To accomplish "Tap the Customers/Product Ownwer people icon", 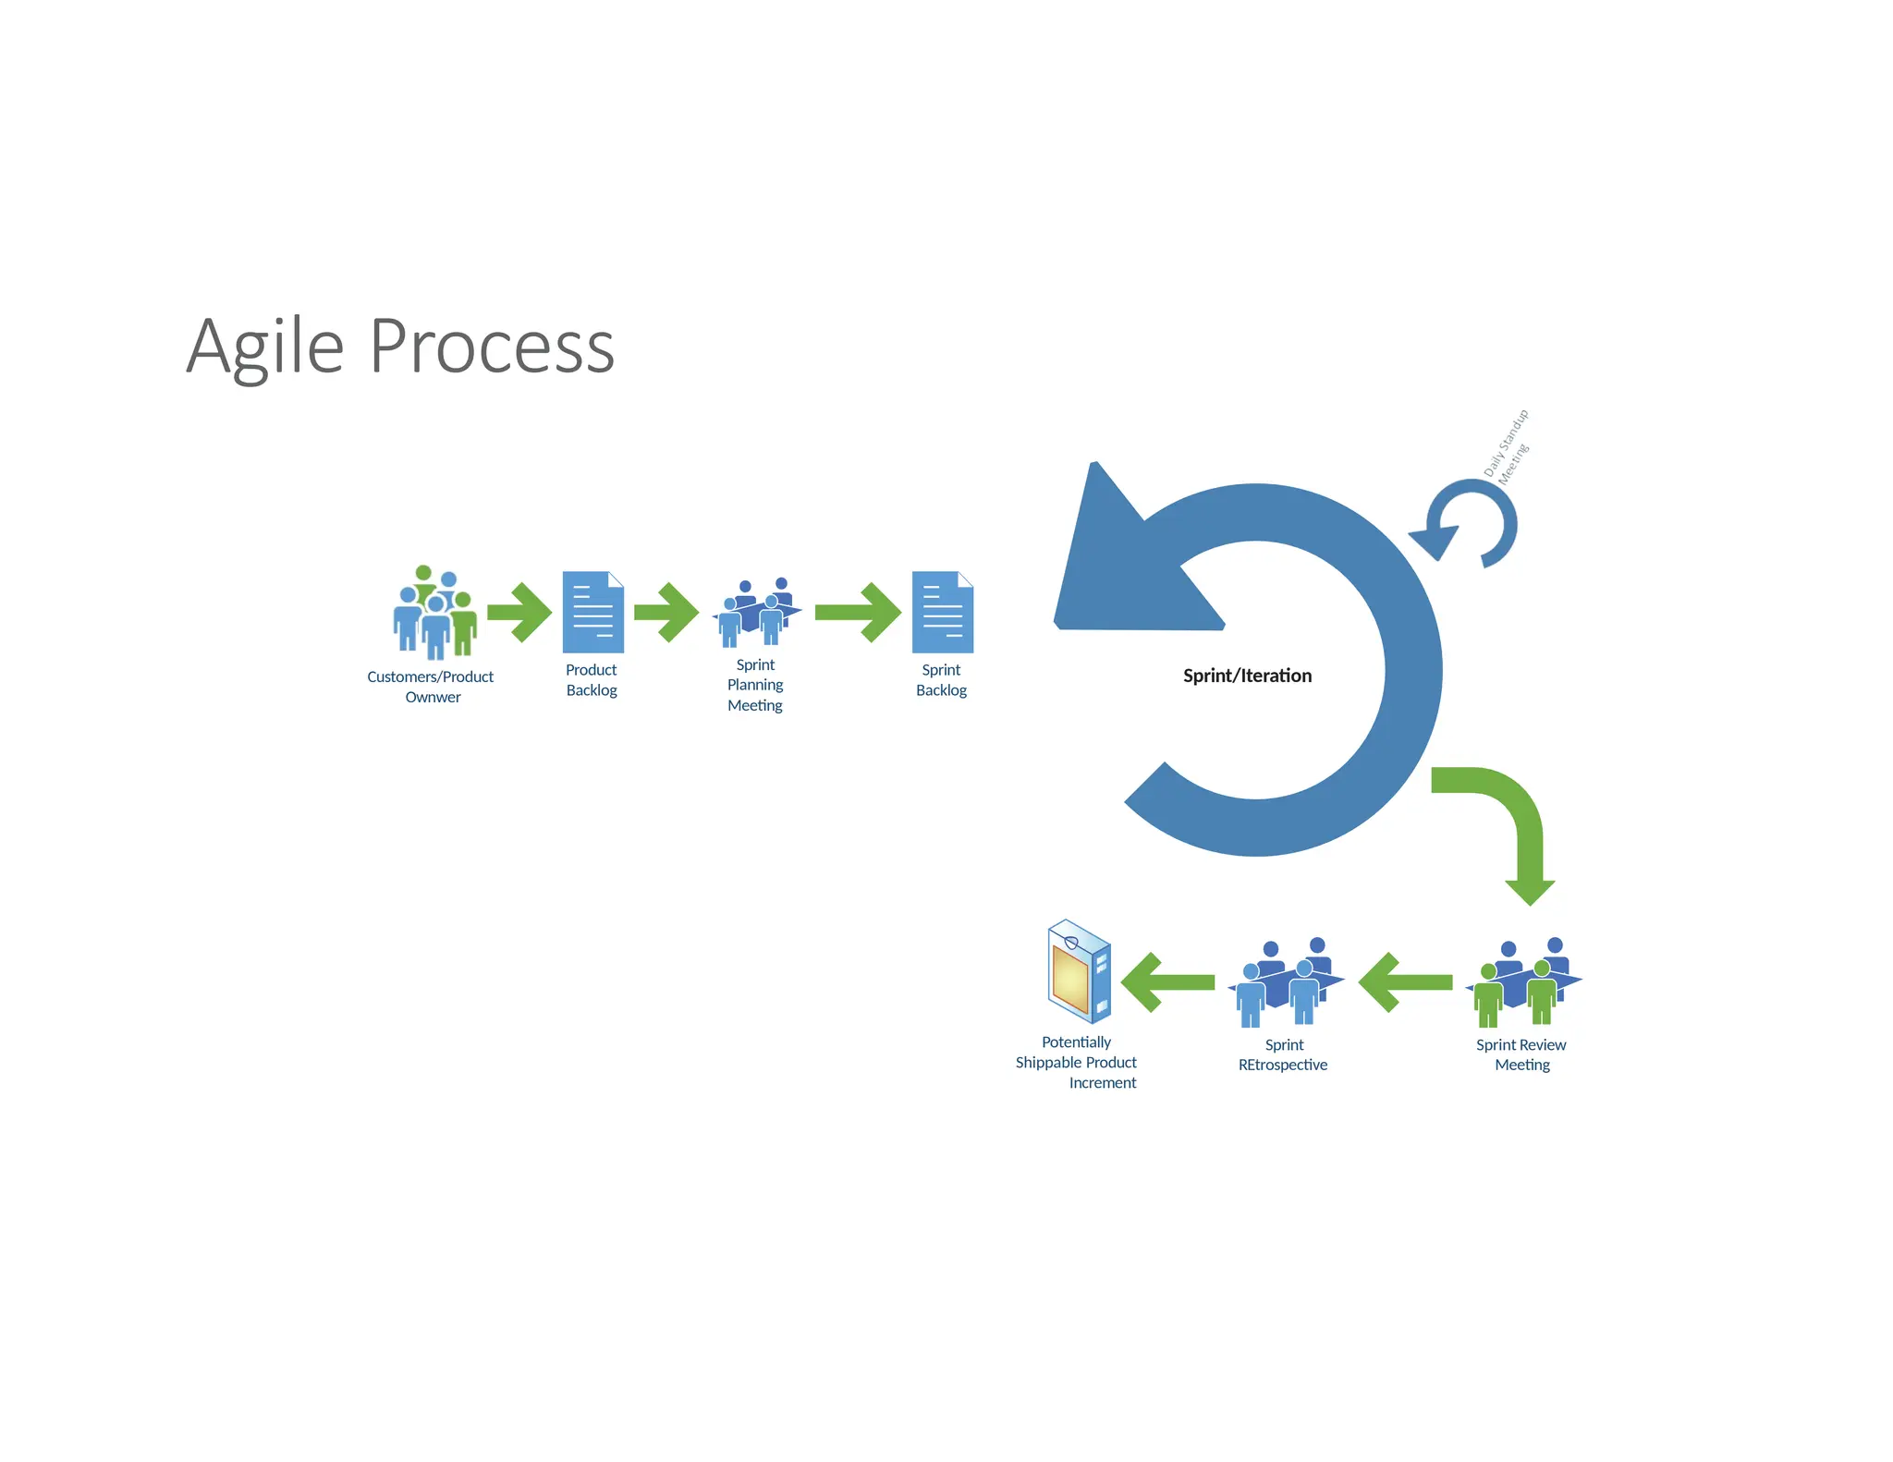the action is (x=434, y=612).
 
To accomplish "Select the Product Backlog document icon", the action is (x=592, y=612).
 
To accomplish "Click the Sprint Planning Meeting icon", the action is (x=756, y=613).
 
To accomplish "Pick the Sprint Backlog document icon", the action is (x=942, y=612).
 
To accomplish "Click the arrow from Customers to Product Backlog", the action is (x=519, y=612).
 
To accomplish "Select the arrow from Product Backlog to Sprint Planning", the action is (x=666, y=612).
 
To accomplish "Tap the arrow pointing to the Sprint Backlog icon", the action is (x=858, y=612).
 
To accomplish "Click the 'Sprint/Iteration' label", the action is (x=1247, y=676).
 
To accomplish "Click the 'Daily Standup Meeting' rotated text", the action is (x=1506, y=446).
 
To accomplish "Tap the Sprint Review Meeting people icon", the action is (x=1523, y=983).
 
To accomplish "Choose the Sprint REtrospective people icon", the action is (x=1286, y=983).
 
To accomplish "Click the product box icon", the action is (x=1079, y=971).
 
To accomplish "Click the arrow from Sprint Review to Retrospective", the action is (x=1405, y=983).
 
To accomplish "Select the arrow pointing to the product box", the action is (x=1167, y=983).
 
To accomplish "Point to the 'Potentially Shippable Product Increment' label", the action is (x=1077, y=1063).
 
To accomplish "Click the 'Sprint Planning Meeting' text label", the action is (x=755, y=685).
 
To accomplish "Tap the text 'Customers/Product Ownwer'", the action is (x=431, y=687).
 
